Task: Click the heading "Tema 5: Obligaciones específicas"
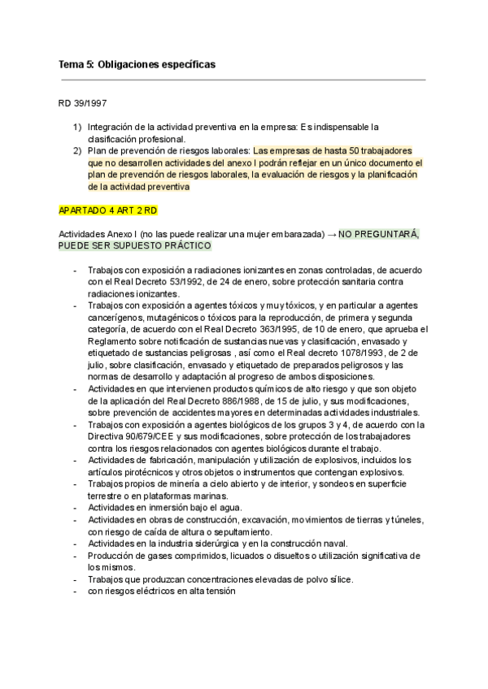[x=137, y=63]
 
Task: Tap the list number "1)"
[x=77, y=127]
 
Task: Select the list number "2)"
[x=77, y=150]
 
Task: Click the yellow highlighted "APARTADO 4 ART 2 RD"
[x=107, y=210]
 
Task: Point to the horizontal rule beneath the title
[x=242, y=80]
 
